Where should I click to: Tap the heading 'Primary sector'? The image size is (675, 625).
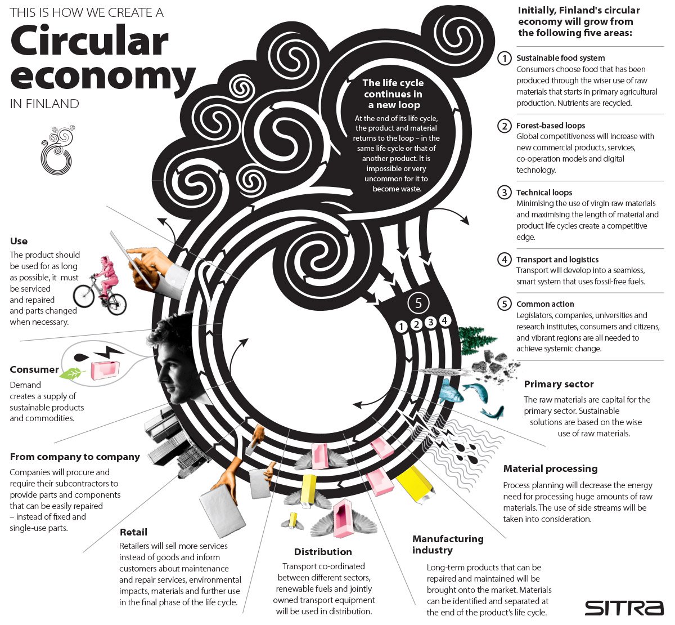point(559,385)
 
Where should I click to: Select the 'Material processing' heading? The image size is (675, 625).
point(550,468)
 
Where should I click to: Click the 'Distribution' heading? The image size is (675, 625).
point(323,552)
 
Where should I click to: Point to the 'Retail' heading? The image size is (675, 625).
point(133,532)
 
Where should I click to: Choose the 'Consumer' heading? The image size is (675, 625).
point(34,369)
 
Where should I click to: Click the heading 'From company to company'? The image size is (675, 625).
point(75,457)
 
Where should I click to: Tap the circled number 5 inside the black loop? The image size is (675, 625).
point(418,303)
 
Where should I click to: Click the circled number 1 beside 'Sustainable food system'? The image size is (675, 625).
point(505,58)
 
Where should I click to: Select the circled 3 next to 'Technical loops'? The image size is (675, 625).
point(505,193)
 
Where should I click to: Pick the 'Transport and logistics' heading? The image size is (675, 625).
point(557,260)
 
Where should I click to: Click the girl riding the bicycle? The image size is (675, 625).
point(106,276)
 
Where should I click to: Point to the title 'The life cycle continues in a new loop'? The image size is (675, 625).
point(393,94)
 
